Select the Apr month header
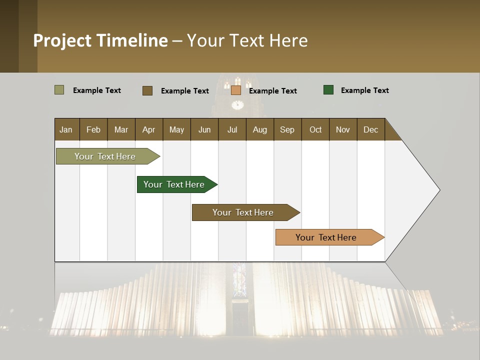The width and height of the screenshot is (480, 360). click(149, 129)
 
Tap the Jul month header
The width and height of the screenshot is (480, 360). click(232, 129)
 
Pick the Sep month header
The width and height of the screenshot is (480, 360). click(287, 129)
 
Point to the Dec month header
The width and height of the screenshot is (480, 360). click(370, 129)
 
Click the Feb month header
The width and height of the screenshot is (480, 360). click(93, 129)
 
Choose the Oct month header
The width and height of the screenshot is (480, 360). click(315, 129)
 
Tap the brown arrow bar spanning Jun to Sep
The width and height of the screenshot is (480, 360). click(243, 212)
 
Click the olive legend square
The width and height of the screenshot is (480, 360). click(59, 90)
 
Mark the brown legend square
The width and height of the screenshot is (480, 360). click(147, 90)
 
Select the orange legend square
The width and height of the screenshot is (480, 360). click(236, 90)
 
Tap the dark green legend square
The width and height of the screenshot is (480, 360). click(328, 90)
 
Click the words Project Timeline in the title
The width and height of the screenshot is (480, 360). click(100, 40)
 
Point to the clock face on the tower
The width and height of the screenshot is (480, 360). click(237, 104)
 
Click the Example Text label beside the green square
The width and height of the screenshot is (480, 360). click(364, 90)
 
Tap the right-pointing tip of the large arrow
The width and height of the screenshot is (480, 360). click(438, 190)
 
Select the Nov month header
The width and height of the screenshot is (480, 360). click(343, 129)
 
